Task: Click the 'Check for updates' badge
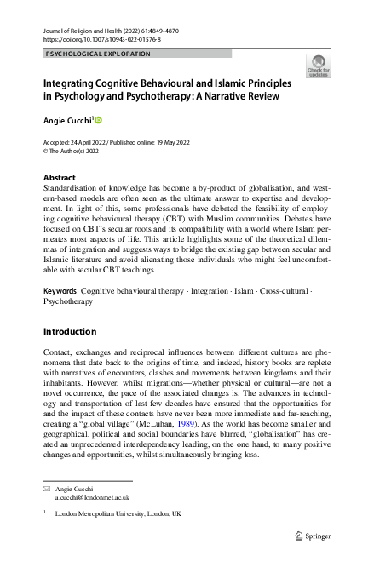318,66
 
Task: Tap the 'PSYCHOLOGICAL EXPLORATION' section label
97,54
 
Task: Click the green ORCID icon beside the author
98,120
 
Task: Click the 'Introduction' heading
71,331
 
